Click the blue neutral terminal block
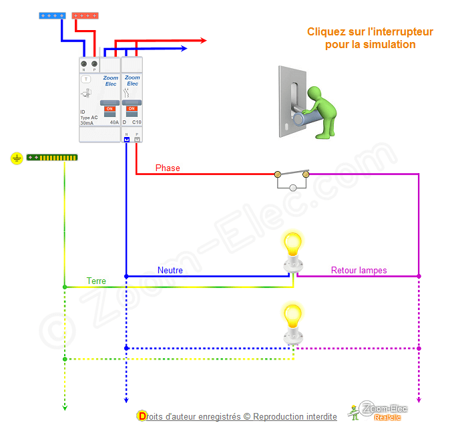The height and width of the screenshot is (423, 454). (52, 15)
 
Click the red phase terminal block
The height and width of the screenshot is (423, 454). (85, 15)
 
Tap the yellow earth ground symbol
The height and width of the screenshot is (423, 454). (17, 158)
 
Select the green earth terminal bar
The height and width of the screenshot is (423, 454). (52, 158)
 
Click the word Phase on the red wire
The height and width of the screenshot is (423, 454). (168, 168)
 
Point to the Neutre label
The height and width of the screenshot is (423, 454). (170, 271)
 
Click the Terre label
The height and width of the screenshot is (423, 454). (96, 281)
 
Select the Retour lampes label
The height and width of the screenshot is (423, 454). (359, 271)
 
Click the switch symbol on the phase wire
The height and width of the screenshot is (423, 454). (292, 178)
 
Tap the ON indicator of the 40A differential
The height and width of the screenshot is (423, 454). (109, 108)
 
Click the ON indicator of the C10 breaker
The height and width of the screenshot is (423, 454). (132, 108)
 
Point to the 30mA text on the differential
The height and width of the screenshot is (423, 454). (87, 123)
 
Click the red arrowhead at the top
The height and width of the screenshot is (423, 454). (202, 41)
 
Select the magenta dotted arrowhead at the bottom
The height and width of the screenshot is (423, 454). (419, 400)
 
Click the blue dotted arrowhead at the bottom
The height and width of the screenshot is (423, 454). (126, 400)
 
